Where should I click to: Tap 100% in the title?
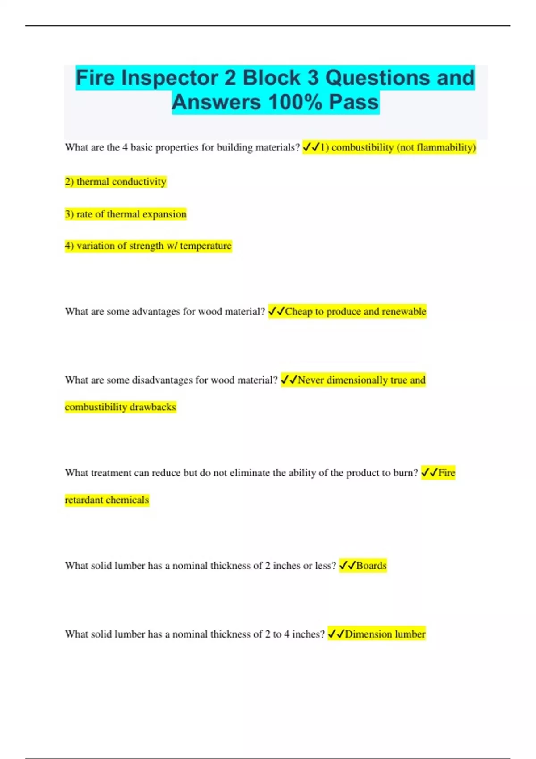pyautogui.click(x=295, y=102)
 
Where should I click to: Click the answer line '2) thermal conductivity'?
pyautogui.click(x=116, y=182)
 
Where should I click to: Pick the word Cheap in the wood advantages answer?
pyautogui.click(x=299, y=312)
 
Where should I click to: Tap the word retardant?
pyautogui.click(x=84, y=500)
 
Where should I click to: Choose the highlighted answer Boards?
pyautogui.click(x=371, y=566)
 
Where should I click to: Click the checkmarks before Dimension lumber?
pyautogui.click(x=336, y=634)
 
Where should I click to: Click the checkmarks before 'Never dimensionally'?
pyautogui.click(x=289, y=380)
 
